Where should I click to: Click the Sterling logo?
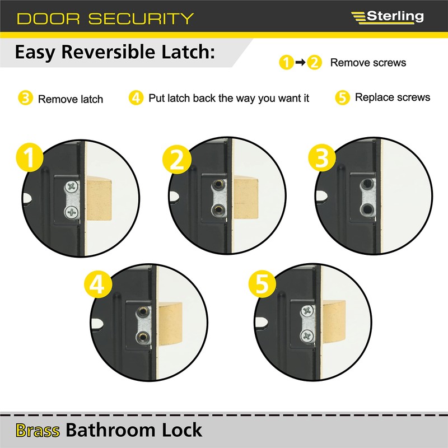click(x=387, y=17)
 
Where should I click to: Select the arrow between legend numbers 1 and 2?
click(x=300, y=63)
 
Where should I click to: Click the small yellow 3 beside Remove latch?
click(x=25, y=99)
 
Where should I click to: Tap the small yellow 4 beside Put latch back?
click(x=136, y=98)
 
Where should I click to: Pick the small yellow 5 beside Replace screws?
click(x=343, y=97)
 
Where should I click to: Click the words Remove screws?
click(x=368, y=63)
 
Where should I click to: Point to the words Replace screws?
click(x=393, y=97)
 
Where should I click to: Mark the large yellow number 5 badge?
click(x=262, y=285)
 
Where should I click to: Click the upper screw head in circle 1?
click(x=72, y=187)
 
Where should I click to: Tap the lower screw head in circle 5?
click(x=307, y=335)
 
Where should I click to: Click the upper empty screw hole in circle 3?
click(x=367, y=184)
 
